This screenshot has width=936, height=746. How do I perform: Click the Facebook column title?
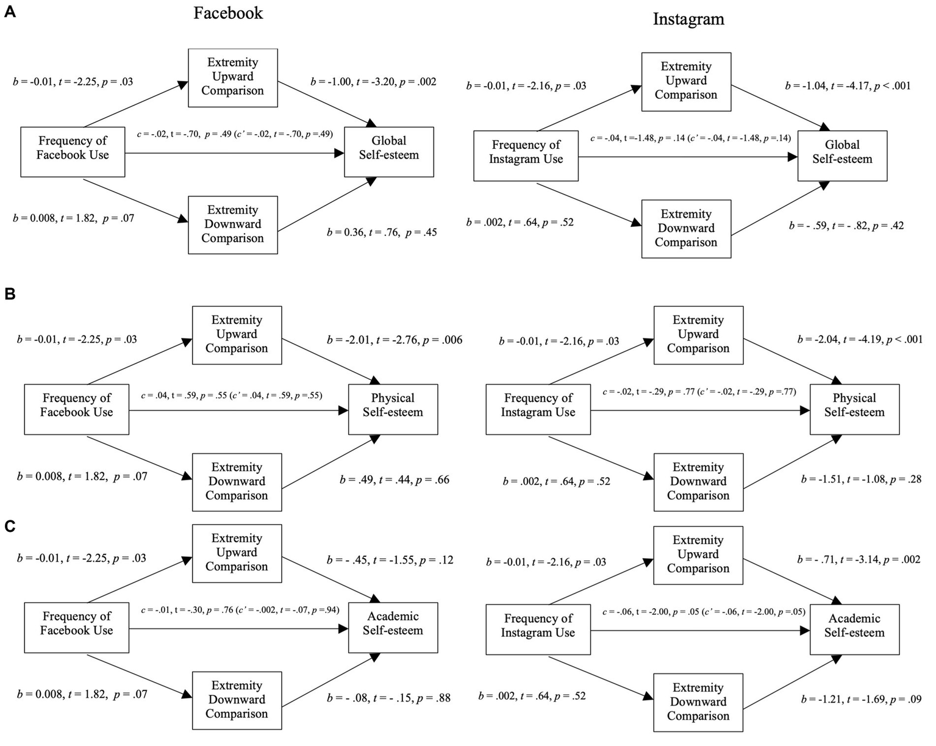(x=228, y=13)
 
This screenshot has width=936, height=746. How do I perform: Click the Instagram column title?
(x=688, y=19)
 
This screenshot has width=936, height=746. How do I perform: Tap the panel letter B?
(x=10, y=294)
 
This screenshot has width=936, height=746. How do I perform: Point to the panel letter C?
(x=10, y=526)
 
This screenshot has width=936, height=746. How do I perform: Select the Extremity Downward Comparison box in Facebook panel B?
(x=237, y=482)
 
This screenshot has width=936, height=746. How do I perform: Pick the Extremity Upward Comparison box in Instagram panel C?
(x=698, y=554)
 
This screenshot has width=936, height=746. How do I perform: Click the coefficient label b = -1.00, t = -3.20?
(x=373, y=82)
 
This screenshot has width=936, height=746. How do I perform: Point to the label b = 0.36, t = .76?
(x=382, y=232)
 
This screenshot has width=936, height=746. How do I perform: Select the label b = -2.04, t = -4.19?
(x=860, y=340)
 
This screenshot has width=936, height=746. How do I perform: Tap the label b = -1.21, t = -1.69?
(x=861, y=700)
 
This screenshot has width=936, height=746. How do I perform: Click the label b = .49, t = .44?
(x=395, y=480)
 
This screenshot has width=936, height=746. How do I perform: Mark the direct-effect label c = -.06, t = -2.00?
(x=704, y=612)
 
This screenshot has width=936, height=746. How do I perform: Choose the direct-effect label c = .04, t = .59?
(x=232, y=396)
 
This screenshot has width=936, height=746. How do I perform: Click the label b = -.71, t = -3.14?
(x=859, y=559)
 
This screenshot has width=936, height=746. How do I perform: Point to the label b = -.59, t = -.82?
(x=846, y=226)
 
